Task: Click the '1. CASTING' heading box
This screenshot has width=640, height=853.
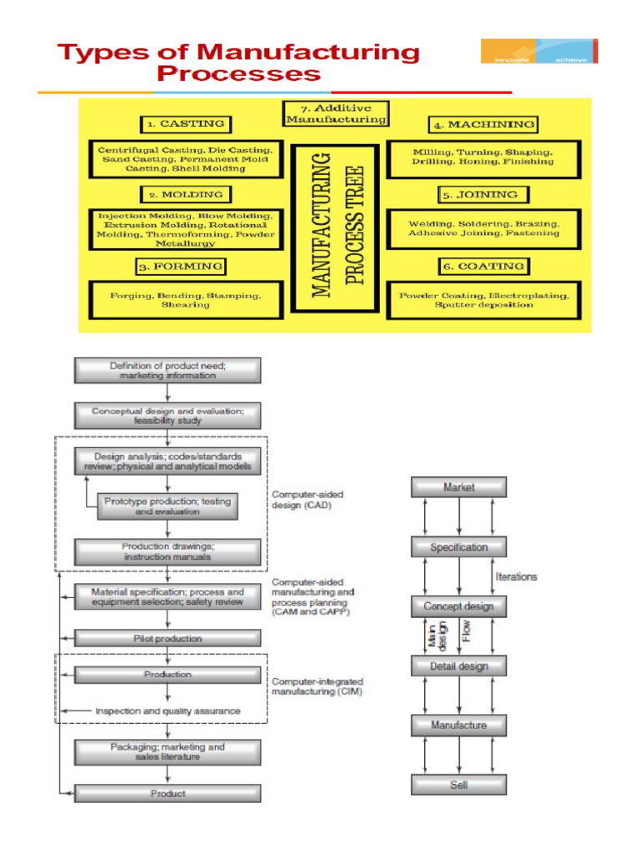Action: (186, 124)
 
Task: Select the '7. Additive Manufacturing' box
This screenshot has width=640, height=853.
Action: (336, 114)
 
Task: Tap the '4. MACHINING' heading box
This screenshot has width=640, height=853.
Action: (483, 125)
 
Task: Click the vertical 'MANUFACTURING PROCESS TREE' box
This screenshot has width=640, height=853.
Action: (337, 223)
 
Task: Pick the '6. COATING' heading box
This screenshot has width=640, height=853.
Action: (483, 267)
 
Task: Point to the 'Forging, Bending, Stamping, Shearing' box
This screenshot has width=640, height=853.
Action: (186, 300)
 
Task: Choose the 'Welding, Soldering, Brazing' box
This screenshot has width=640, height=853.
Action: (484, 229)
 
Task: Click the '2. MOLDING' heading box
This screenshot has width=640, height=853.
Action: (186, 195)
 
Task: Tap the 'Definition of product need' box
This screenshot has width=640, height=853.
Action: (167, 371)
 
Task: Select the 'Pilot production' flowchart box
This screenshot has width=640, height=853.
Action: (167, 639)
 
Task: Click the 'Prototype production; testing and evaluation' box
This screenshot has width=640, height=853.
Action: (167, 506)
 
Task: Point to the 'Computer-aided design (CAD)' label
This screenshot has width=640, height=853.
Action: (307, 500)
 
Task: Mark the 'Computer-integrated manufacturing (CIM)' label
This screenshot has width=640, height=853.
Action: (317, 686)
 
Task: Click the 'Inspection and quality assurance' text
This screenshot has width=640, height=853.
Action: (167, 711)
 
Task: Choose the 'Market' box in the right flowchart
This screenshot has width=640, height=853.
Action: (459, 487)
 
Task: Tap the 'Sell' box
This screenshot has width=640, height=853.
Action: (459, 785)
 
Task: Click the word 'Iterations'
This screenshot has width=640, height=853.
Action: (517, 576)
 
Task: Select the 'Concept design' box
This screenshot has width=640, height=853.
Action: (459, 606)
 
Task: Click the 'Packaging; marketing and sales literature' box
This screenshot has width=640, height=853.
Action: (167, 752)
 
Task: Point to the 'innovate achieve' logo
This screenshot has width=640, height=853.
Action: (539, 52)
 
